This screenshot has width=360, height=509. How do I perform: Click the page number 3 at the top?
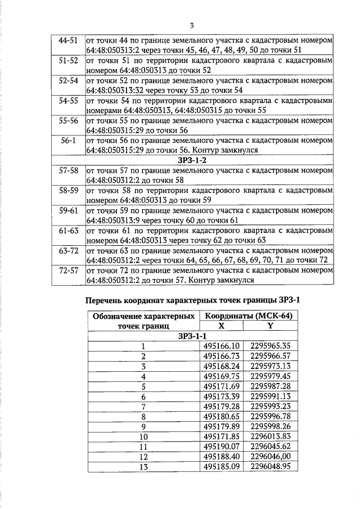tap(192, 26)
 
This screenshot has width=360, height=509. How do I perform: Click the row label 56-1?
tap(68, 139)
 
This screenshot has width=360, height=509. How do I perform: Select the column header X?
tap(221, 326)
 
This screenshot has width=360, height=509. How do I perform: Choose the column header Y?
tap(270, 326)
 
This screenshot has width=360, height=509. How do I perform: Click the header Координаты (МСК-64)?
tap(246, 316)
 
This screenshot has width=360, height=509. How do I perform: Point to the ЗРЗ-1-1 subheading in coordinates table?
tap(192, 336)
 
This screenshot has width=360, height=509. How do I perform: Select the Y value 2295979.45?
tap(271, 376)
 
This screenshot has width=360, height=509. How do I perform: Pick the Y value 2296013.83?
tap(271, 436)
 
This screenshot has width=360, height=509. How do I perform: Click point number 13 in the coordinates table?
tap(143, 467)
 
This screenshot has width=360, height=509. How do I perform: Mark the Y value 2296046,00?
tap(271, 457)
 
